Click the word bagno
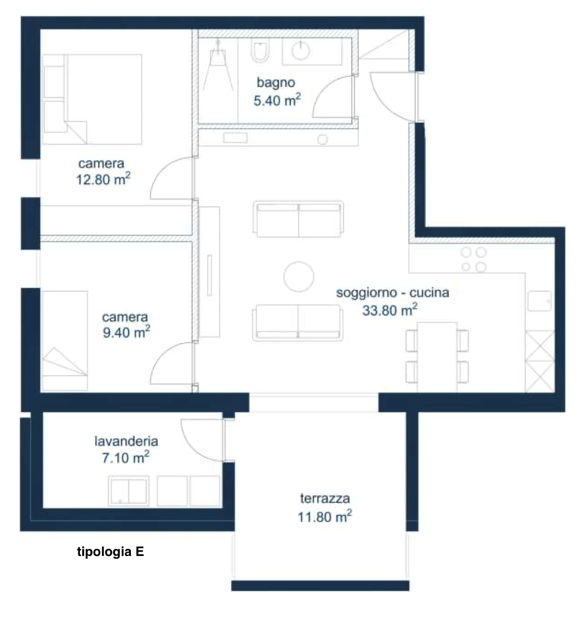[x=276, y=83]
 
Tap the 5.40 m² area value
[x=277, y=100]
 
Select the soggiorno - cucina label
[x=392, y=293]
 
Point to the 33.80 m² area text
[x=390, y=310]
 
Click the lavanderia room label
[x=126, y=441]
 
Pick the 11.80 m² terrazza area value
[x=325, y=517]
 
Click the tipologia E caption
[x=111, y=552]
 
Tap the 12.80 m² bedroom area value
[x=103, y=179]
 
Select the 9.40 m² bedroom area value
[x=127, y=332]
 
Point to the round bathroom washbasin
[x=301, y=50]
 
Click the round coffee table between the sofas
[x=299, y=277]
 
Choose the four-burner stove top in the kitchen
[x=473, y=259]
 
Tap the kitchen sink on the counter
[x=539, y=302]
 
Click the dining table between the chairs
[x=437, y=357]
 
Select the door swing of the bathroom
[x=332, y=96]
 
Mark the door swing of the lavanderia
[x=202, y=440]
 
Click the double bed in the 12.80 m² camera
[x=92, y=99]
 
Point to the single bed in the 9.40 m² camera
[x=65, y=340]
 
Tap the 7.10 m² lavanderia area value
[x=125, y=457]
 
